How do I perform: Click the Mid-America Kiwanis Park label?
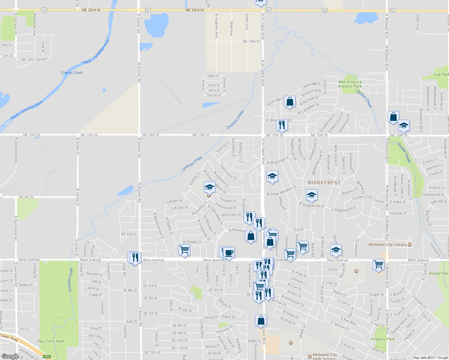point(350,84)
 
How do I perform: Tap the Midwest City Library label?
point(387,244)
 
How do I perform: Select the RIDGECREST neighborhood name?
point(324,183)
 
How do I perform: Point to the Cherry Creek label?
point(71,73)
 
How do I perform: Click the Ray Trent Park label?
point(50,341)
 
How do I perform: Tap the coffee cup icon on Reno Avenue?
point(229,253)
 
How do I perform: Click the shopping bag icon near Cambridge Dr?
point(290,101)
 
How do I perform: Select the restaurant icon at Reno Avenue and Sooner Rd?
point(135,257)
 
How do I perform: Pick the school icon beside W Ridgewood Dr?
point(312,195)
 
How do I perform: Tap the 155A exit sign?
point(47,357)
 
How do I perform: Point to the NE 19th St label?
point(251,42)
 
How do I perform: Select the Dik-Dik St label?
point(214,95)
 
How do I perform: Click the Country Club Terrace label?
point(368,199)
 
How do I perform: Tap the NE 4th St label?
point(26,197)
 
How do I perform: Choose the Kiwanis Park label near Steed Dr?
point(383,339)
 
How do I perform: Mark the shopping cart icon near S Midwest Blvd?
point(379,264)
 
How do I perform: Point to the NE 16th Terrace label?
point(34,59)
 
